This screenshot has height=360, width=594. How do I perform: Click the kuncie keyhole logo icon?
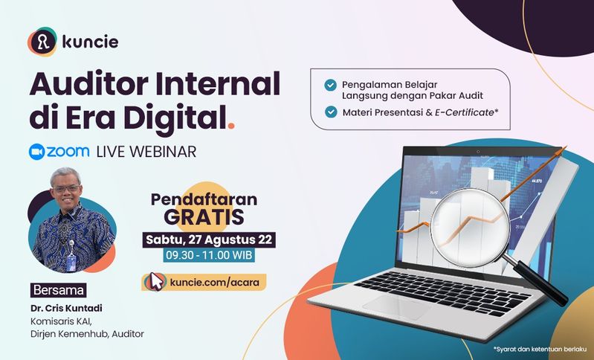[42, 42]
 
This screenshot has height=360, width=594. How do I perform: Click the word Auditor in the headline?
[88, 84]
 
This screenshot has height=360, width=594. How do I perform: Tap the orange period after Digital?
[230, 125]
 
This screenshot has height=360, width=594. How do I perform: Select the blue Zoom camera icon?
[36, 152]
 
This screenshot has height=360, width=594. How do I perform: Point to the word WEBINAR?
[163, 152]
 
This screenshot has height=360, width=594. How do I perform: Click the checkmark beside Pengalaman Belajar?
[330, 85]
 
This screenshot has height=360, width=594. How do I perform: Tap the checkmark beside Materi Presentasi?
[331, 112]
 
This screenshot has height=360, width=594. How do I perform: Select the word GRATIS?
[204, 216]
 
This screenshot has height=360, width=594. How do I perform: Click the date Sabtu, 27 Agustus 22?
[209, 240]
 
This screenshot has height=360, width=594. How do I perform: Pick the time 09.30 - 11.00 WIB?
[209, 255]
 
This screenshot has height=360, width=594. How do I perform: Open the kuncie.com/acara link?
[214, 283]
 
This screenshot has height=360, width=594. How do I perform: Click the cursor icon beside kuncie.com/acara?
[155, 282]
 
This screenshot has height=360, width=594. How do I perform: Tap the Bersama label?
[58, 290]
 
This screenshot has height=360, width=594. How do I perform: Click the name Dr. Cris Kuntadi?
[66, 308]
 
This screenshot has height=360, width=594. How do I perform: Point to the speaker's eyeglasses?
[67, 188]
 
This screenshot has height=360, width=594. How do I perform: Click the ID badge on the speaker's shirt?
[71, 263]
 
